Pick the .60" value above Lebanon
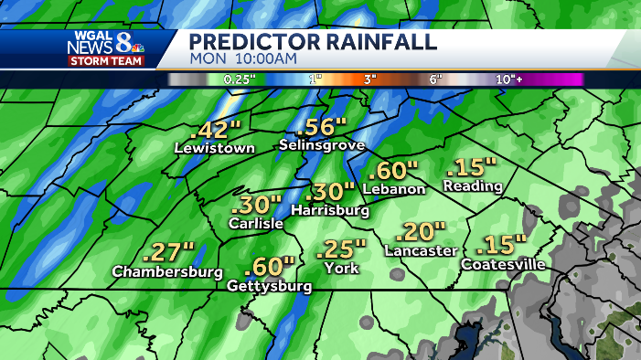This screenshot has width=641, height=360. pyautogui.click(x=394, y=170)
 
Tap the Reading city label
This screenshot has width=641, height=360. pyautogui.click(x=473, y=186)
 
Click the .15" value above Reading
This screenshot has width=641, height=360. pyautogui.click(x=472, y=167)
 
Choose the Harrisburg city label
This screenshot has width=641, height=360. pyautogui.click(x=329, y=210)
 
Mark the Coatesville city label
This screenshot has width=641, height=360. pyautogui.click(x=504, y=265)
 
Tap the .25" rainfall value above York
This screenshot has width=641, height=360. pyautogui.click(x=341, y=249)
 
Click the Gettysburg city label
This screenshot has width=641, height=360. pyautogui.click(x=270, y=286)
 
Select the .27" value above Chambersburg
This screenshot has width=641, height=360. pyautogui.click(x=170, y=252)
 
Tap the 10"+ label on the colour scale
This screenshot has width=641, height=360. pyautogui.click(x=508, y=79)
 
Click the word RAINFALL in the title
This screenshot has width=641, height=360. pyautogui.click(x=377, y=42)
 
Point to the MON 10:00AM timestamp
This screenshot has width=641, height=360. pyautogui.click(x=243, y=59)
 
